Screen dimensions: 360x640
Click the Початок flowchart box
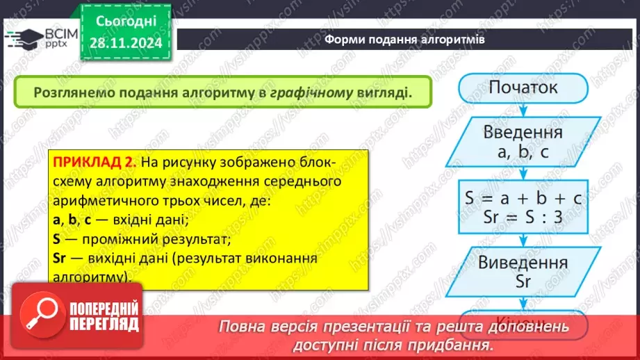point(523,88)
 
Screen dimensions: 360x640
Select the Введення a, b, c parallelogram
point(523,142)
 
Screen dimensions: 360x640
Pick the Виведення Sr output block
point(523,272)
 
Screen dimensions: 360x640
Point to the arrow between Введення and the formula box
point(523,172)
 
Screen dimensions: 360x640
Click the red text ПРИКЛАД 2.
point(95,163)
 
